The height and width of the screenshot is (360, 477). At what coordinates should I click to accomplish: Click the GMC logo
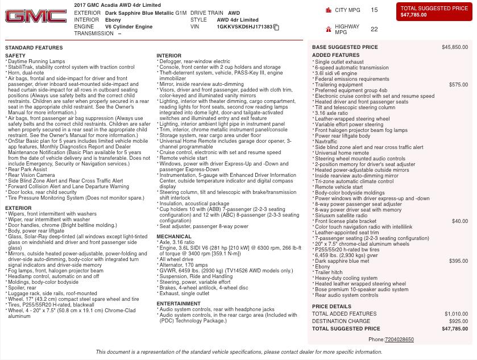36,16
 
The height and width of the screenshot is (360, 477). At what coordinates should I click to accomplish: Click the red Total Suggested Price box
434,12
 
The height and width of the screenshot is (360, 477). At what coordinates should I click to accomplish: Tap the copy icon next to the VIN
276,27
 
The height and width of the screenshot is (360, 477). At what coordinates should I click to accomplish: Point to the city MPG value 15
374,10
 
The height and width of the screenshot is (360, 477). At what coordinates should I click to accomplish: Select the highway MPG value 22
374,29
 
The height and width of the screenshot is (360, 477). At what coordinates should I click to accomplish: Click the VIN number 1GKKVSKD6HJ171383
244,27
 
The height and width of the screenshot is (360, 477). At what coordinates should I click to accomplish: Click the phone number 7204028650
399,340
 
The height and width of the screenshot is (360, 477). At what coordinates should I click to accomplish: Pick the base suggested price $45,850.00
455,47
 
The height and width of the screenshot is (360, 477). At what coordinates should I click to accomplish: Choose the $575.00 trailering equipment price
458,85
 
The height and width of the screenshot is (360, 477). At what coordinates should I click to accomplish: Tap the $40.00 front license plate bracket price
460,221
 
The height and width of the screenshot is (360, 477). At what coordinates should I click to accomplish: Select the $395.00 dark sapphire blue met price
458,261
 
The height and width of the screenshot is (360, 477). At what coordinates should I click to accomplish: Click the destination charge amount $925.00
458,321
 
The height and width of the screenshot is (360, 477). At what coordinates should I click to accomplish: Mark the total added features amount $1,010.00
456,314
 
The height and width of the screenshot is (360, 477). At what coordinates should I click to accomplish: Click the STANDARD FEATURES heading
34,48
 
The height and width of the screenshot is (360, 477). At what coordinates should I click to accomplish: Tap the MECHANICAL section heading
174,237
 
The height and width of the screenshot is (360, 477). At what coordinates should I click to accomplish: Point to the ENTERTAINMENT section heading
179,304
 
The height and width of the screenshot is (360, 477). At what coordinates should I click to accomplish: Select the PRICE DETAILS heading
331,307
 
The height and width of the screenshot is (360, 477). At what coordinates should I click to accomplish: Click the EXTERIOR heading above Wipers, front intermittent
18,208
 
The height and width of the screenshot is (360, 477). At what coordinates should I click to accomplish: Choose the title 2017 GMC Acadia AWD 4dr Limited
117,5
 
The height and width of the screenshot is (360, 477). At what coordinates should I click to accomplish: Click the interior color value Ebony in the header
113,20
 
